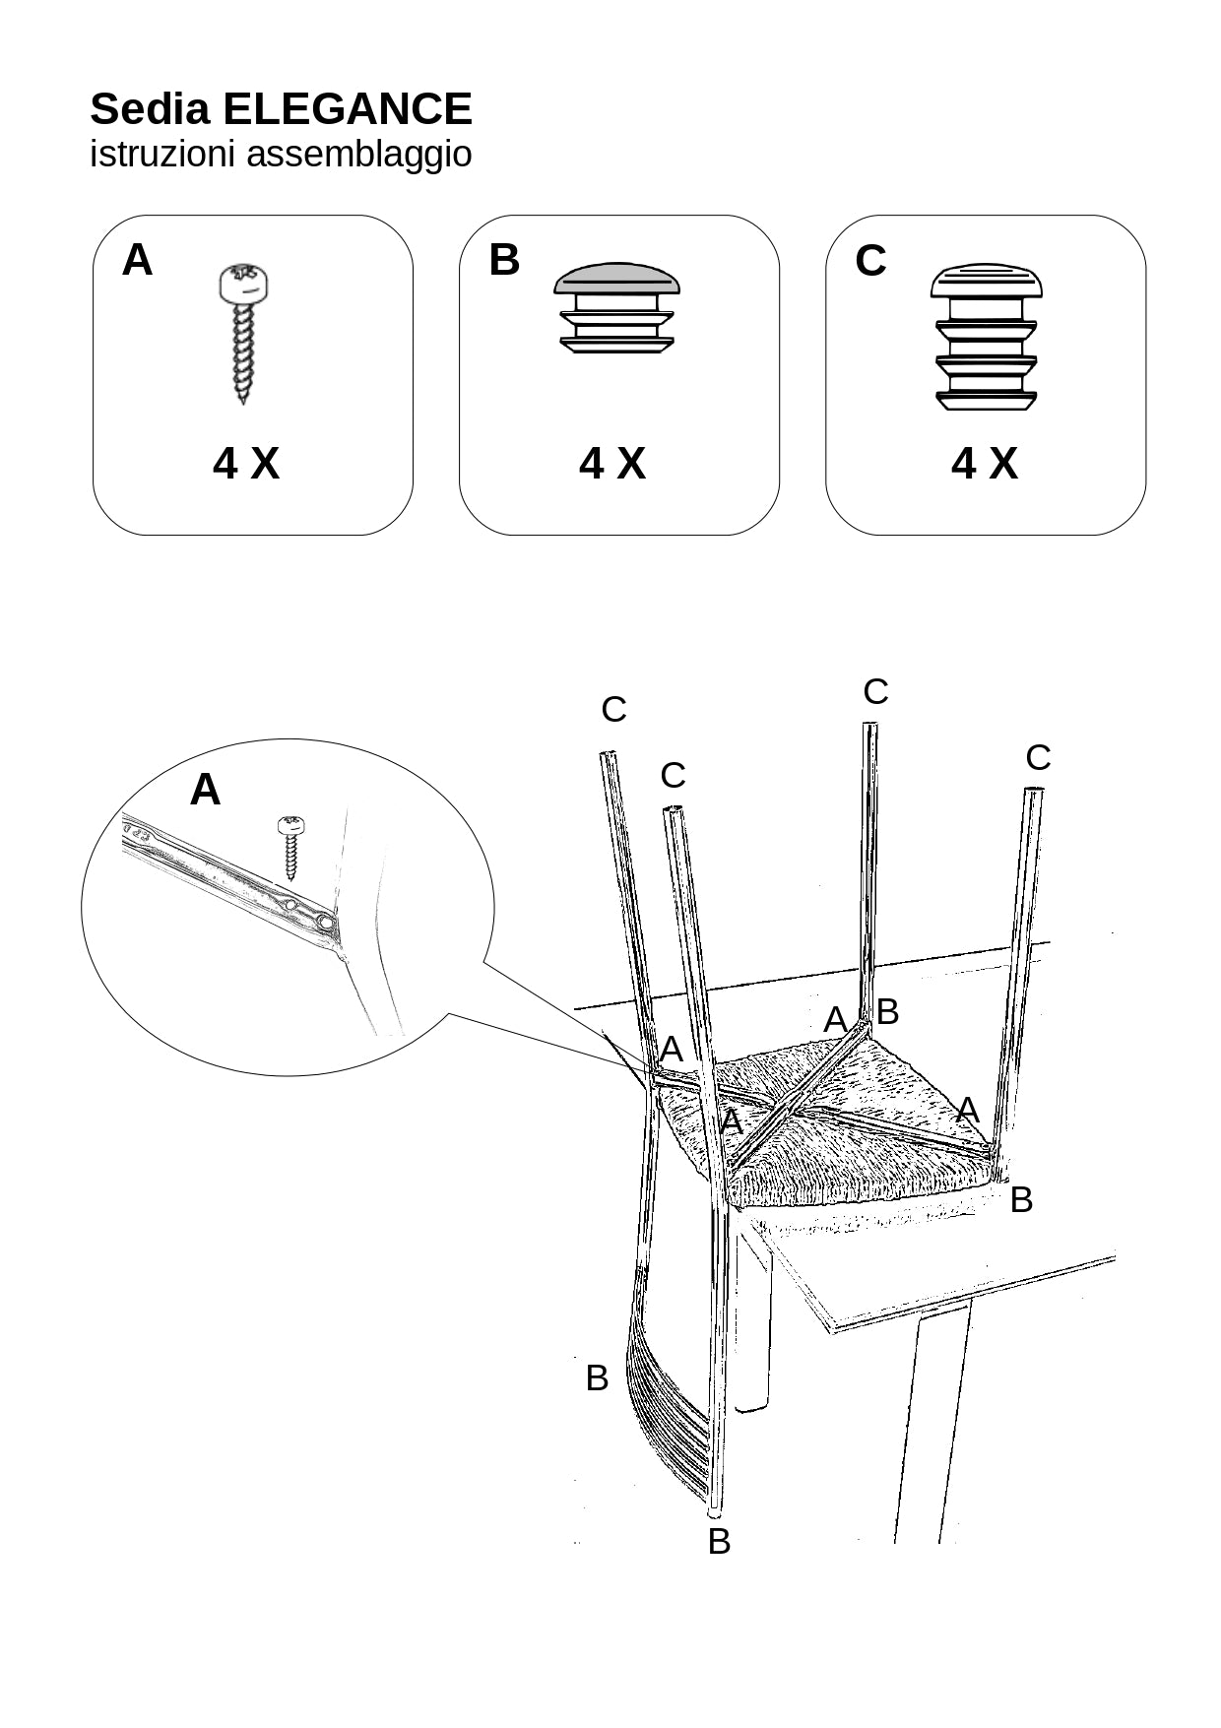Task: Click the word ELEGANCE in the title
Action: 348,109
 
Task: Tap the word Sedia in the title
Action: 150,109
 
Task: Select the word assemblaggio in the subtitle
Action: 358,155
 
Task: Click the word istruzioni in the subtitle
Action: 163,155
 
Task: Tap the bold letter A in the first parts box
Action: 137,261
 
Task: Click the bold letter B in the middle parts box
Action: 503,261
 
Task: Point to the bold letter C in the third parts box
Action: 870,261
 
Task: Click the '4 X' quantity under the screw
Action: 246,463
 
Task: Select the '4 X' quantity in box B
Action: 612,463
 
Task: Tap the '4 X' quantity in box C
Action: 984,463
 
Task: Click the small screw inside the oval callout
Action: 290,846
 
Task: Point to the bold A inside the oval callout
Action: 205,790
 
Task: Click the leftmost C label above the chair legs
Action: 613,709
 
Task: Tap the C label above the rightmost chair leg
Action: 1038,758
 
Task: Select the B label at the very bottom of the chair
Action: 719,1541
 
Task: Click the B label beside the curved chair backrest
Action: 597,1377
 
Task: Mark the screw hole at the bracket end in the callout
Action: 324,923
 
